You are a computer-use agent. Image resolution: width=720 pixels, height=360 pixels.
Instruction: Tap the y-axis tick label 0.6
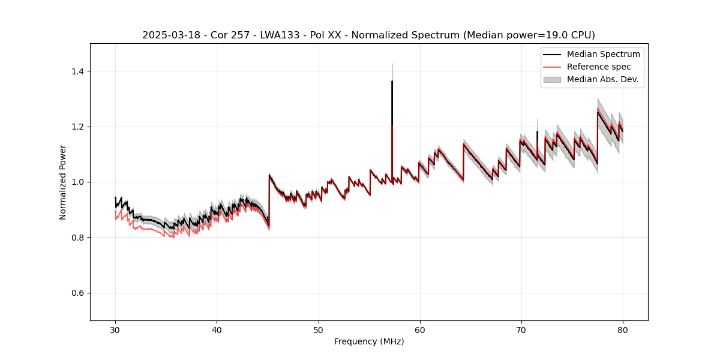[x=77, y=293]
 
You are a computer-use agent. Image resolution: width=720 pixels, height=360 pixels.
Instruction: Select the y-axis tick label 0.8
[x=77, y=238]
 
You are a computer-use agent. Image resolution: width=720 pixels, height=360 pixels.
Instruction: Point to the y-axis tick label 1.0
[x=77, y=182]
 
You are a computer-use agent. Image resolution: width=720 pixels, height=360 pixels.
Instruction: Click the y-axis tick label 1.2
[x=77, y=127]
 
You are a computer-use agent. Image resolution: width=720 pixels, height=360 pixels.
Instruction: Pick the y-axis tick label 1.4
[x=77, y=71]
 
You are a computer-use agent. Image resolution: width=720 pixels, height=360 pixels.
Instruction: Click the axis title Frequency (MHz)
[x=369, y=341]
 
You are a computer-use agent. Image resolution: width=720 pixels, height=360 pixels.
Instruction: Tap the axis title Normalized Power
[x=63, y=182]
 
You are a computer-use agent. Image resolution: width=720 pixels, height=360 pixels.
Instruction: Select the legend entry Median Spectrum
[x=603, y=54]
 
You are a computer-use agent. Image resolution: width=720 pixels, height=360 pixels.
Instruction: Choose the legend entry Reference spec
[x=599, y=67]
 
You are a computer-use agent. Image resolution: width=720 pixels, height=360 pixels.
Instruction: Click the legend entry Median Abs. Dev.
[x=602, y=79]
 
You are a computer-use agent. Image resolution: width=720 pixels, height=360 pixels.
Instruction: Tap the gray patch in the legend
[x=552, y=79]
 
